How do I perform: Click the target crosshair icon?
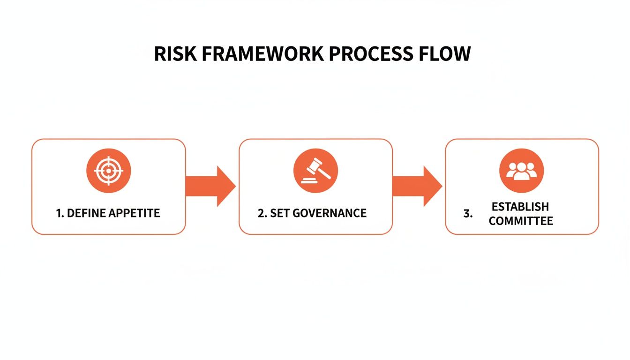tap(108, 171)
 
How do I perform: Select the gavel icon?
tap(315, 171)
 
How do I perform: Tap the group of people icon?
tap(521, 171)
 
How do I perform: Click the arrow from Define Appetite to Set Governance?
tap(210, 186)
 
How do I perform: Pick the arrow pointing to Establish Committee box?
tap(417, 186)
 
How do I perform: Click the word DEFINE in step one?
tap(86, 213)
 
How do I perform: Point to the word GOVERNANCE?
tap(330, 213)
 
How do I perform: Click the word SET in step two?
tap(279, 213)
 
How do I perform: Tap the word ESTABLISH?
tap(520, 207)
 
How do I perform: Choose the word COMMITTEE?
tap(521, 221)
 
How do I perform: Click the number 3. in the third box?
tap(468, 214)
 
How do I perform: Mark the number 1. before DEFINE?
tap(60, 213)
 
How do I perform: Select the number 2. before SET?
tap(262, 213)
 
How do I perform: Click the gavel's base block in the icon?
tap(309, 179)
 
